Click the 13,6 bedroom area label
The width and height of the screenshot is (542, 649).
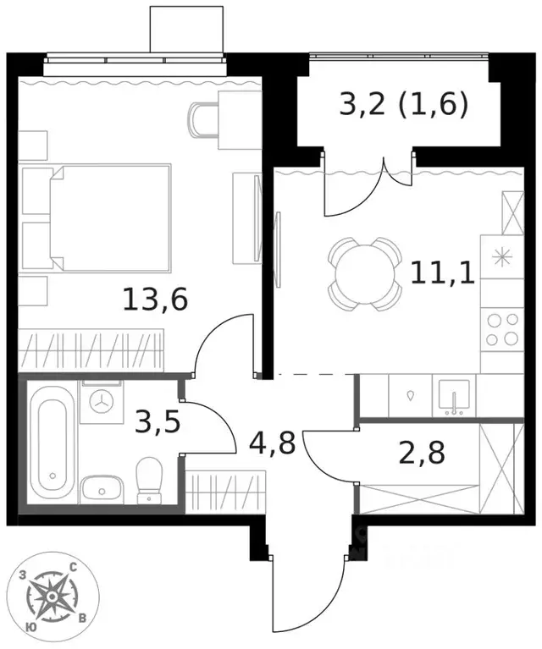pos(155,300)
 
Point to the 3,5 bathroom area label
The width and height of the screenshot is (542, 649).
pos(158,421)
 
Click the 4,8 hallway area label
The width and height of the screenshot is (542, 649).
pos(272,442)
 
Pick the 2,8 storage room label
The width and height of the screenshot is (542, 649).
pos(422,453)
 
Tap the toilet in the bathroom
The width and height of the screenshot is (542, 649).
pos(149,481)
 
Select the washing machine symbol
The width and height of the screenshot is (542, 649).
pos(102,402)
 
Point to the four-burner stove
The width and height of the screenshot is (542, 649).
pos(502,329)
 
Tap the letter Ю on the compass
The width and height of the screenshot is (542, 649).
pos(31,627)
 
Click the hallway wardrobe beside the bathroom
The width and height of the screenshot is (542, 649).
pos(225,492)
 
